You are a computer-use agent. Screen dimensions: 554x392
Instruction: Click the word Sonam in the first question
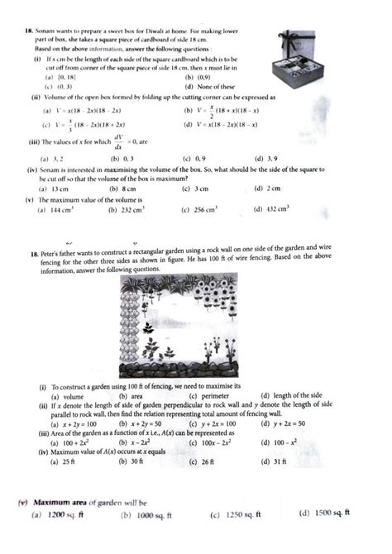pos(44,30)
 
